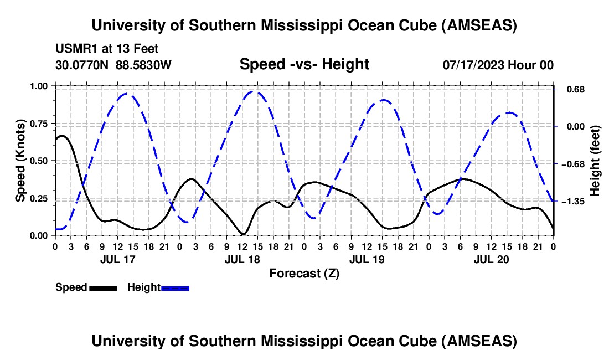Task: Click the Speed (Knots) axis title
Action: click(x=20, y=161)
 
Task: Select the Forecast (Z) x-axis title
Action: click(x=304, y=273)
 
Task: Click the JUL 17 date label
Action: click(x=117, y=259)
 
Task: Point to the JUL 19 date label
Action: click(x=366, y=259)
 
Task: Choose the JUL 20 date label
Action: click(x=491, y=259)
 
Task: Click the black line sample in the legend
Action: click(x=103, y=288)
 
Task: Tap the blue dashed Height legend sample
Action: click(x=175, y=288)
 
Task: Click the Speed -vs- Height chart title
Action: click(x=304, y=64)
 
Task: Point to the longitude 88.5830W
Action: click(x=143, y=65)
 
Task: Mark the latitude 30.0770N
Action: click(x=82, y=65)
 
